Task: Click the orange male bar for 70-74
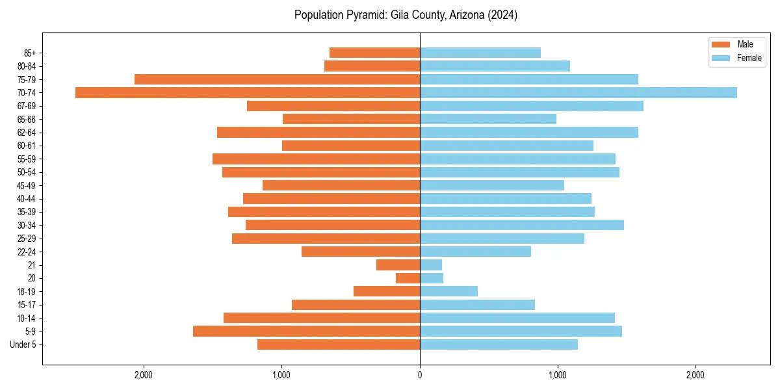click(x=248, y=92)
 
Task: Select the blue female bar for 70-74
click(x=578, y=92)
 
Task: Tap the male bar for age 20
click(x=408, y=278)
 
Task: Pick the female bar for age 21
click(x=431, y=265)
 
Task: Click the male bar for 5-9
click(x=306, y=331)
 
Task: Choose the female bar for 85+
click(x=480, y=53)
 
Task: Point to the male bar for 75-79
click(x=277, y=79)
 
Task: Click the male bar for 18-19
click(x=387, y=291)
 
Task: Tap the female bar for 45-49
click(x=492, y=185)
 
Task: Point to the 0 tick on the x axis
click(x=420, y=375)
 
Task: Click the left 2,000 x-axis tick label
click(x=143, y=375)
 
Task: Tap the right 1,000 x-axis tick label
click(x=558, y=375)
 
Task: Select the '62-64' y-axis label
click(x=27, y=133)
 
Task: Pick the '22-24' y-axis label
click(x=27, y=252)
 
